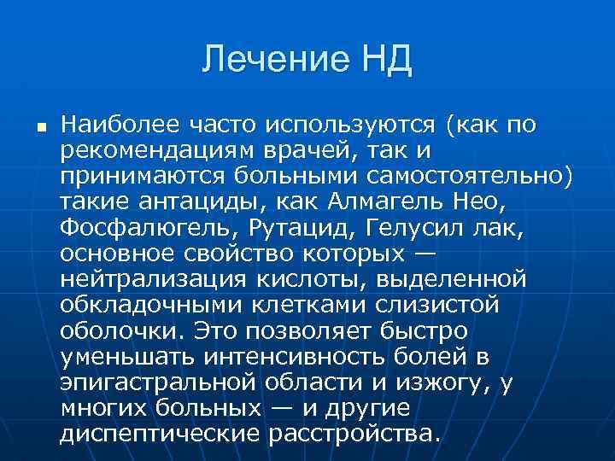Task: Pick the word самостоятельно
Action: [490, 177]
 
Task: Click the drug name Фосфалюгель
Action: [151, 228]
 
